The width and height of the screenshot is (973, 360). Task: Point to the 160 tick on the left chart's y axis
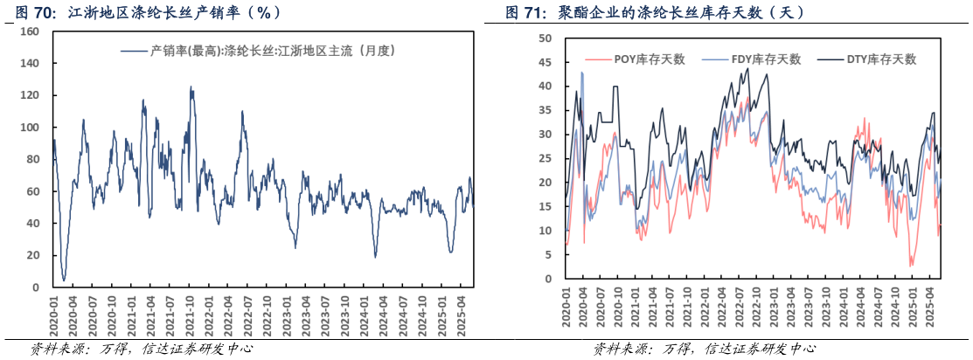[x=29, y=31]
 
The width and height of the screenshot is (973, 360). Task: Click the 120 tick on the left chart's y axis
[x=29, y=95]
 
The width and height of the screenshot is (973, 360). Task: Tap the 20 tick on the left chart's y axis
[x=32, y=255]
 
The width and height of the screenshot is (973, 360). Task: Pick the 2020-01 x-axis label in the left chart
[x=52, y=313]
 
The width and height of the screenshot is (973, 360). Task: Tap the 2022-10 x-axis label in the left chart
[x=267, y=313]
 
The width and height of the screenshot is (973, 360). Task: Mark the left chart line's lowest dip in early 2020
[x=64, y=280]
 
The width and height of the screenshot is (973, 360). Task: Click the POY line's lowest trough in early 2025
[x=911, y=266]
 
